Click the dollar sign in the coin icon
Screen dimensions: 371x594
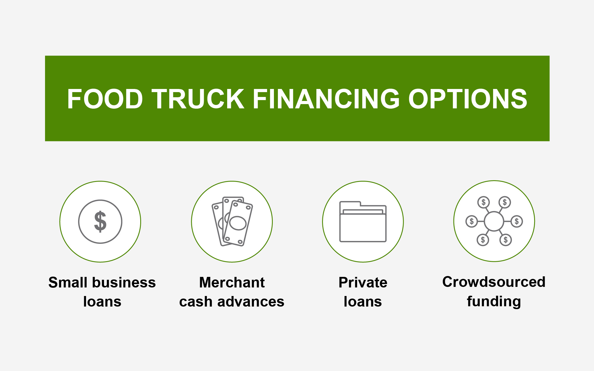coord(100,222)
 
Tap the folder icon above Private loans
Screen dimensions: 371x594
coord(363,222)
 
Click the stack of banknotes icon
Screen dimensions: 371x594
coord(232,222)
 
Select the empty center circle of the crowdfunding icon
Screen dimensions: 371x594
coord(494,221)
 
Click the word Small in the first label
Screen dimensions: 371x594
coord(68,282)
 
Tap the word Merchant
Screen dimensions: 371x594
coord(232,282)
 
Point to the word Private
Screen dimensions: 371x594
coord(363,282)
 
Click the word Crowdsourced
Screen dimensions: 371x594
coord(494,282)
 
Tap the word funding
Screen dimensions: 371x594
coord(494,301)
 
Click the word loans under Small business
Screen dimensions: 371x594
coord(102,302)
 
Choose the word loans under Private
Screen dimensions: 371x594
coord(363,302)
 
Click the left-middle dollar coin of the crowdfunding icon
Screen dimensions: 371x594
coord(471,221)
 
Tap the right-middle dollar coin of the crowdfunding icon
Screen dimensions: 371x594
coord(516,221)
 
